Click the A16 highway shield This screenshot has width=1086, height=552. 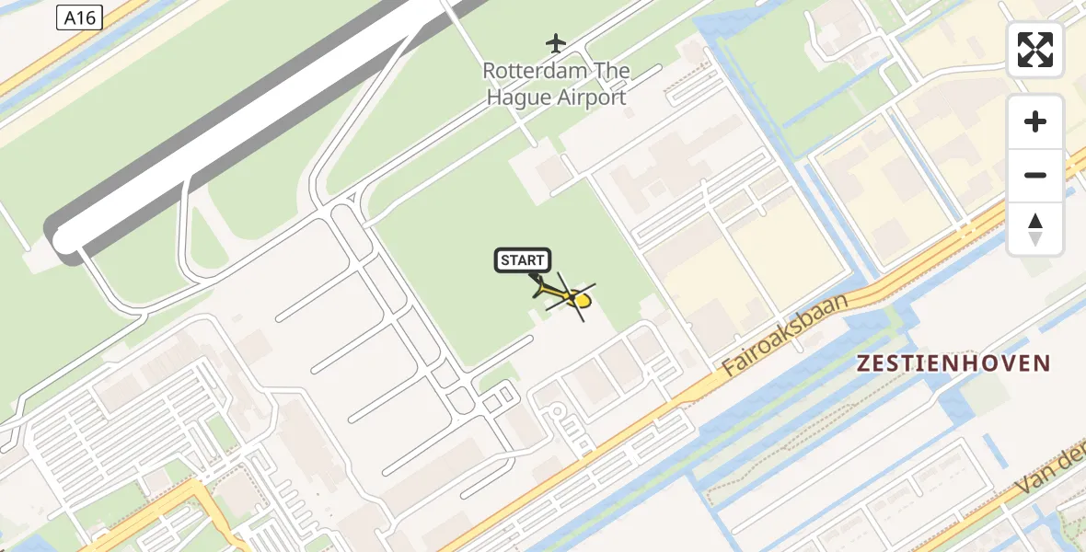coord(79,17)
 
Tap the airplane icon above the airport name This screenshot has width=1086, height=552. coord(555,42)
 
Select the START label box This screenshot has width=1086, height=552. coord(523,260)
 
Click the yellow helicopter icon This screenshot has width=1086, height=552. coord(567,296)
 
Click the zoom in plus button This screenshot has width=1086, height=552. coord(1035,121)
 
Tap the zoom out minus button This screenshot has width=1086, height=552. coord(1035,175)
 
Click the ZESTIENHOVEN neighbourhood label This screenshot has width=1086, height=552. coord(953,363)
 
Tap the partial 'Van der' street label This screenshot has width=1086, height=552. coord(1051,474)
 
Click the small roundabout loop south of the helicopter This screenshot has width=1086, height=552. coord(556,413)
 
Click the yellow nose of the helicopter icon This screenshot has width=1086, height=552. coord(583,300)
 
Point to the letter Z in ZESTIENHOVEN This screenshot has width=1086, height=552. coord(863,363)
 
